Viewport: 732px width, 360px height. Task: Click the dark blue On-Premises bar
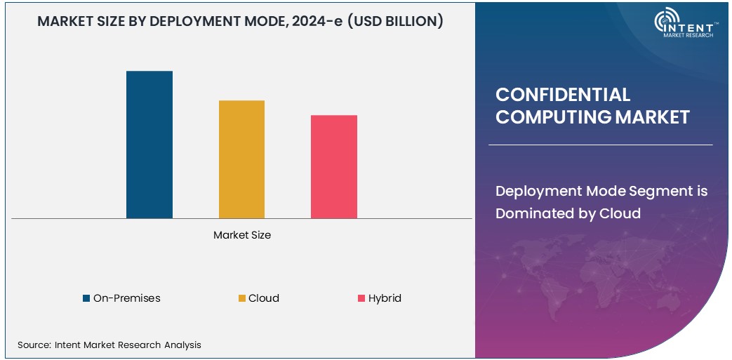tap(149, 145)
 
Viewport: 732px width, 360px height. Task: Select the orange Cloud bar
tap(241, 159)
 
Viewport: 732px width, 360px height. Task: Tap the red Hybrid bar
tap(334, 166)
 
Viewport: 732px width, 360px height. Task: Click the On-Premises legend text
tap(126, 298)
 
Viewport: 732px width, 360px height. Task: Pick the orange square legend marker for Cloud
tap(242, 298)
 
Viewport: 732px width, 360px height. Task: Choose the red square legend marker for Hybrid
tap(361, 298)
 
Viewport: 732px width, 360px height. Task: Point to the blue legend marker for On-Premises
tap(86, 298)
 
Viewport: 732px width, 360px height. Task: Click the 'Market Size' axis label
tap(241, 235)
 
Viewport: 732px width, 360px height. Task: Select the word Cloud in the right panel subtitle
tap(620, 213)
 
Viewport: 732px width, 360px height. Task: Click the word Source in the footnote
tap(32, 345)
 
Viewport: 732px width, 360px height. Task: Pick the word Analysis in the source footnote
tap(182, 345)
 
